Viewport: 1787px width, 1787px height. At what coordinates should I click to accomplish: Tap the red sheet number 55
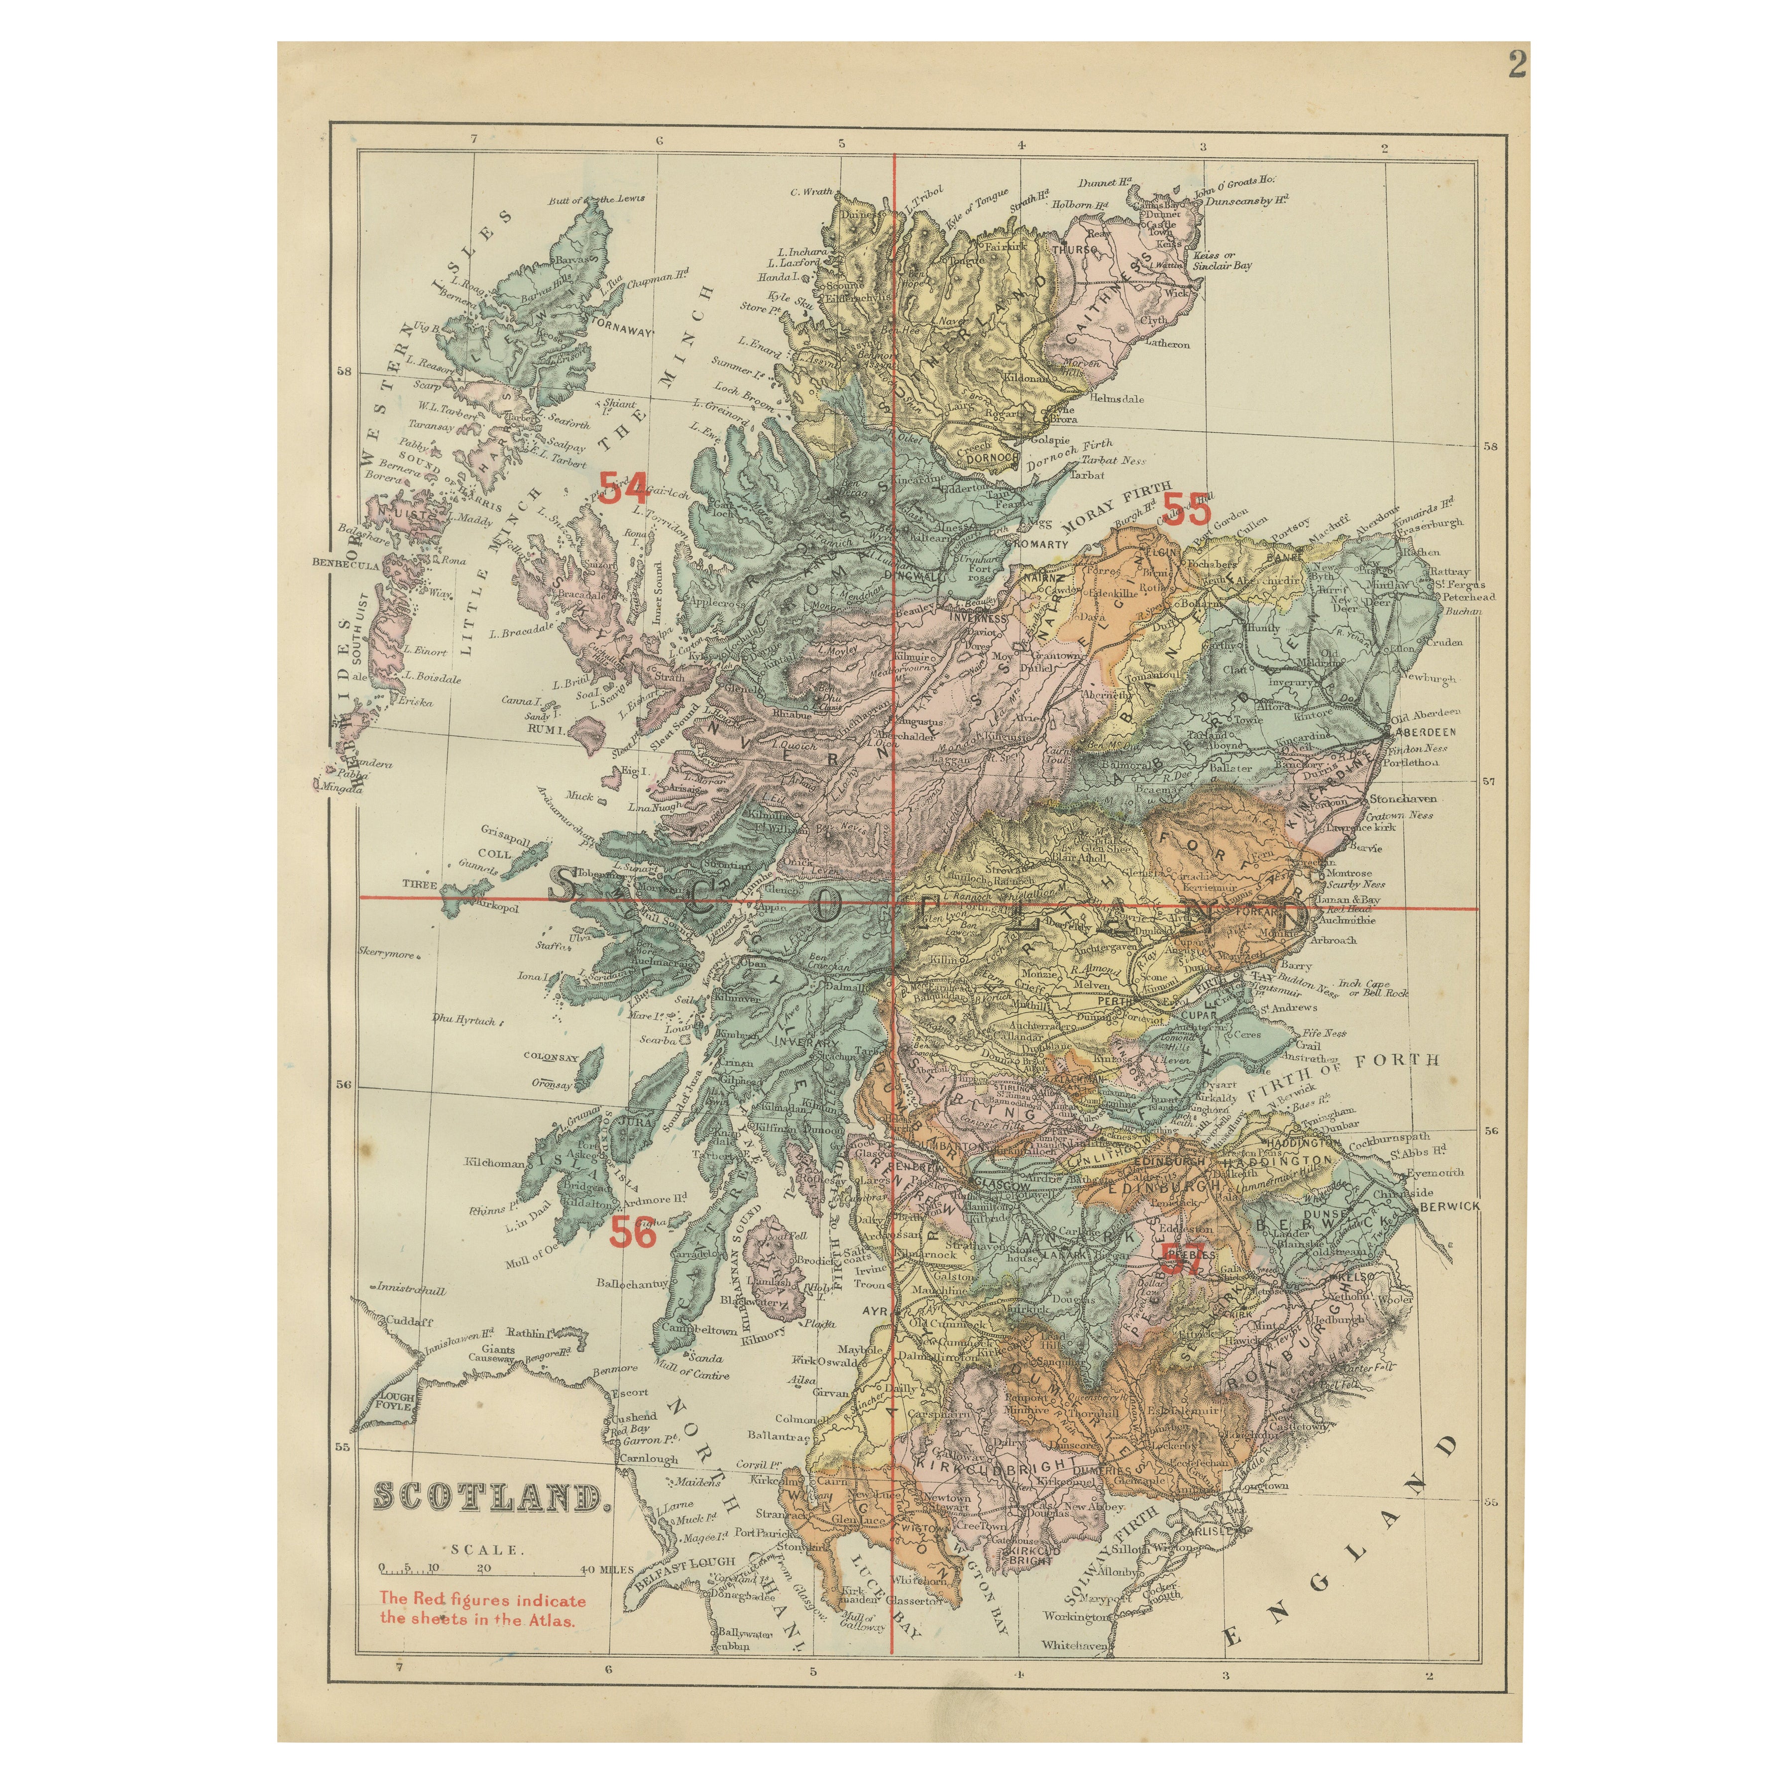(1186, 509)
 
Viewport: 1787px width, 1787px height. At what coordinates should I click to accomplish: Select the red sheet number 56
(633, 1233)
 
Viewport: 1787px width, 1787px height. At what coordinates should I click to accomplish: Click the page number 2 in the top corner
(1517, 65)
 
